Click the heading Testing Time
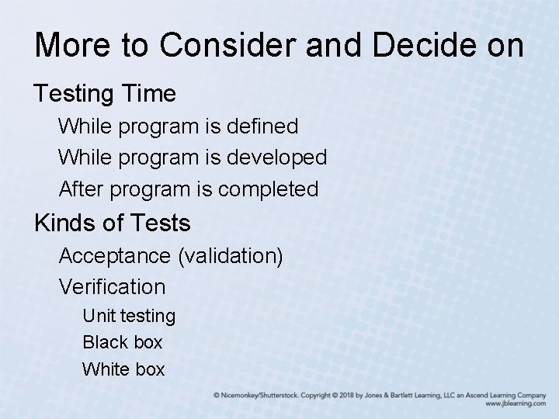click(105, 94)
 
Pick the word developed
click(276, 157)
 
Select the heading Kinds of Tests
click(112, 223)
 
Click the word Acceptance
click(116, 255)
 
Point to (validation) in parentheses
click(231, 255)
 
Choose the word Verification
click(112, 287)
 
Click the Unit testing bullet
click(129, 316)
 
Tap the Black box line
click(122, 342)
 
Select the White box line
click(123, 369)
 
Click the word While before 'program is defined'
click(83, 125)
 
